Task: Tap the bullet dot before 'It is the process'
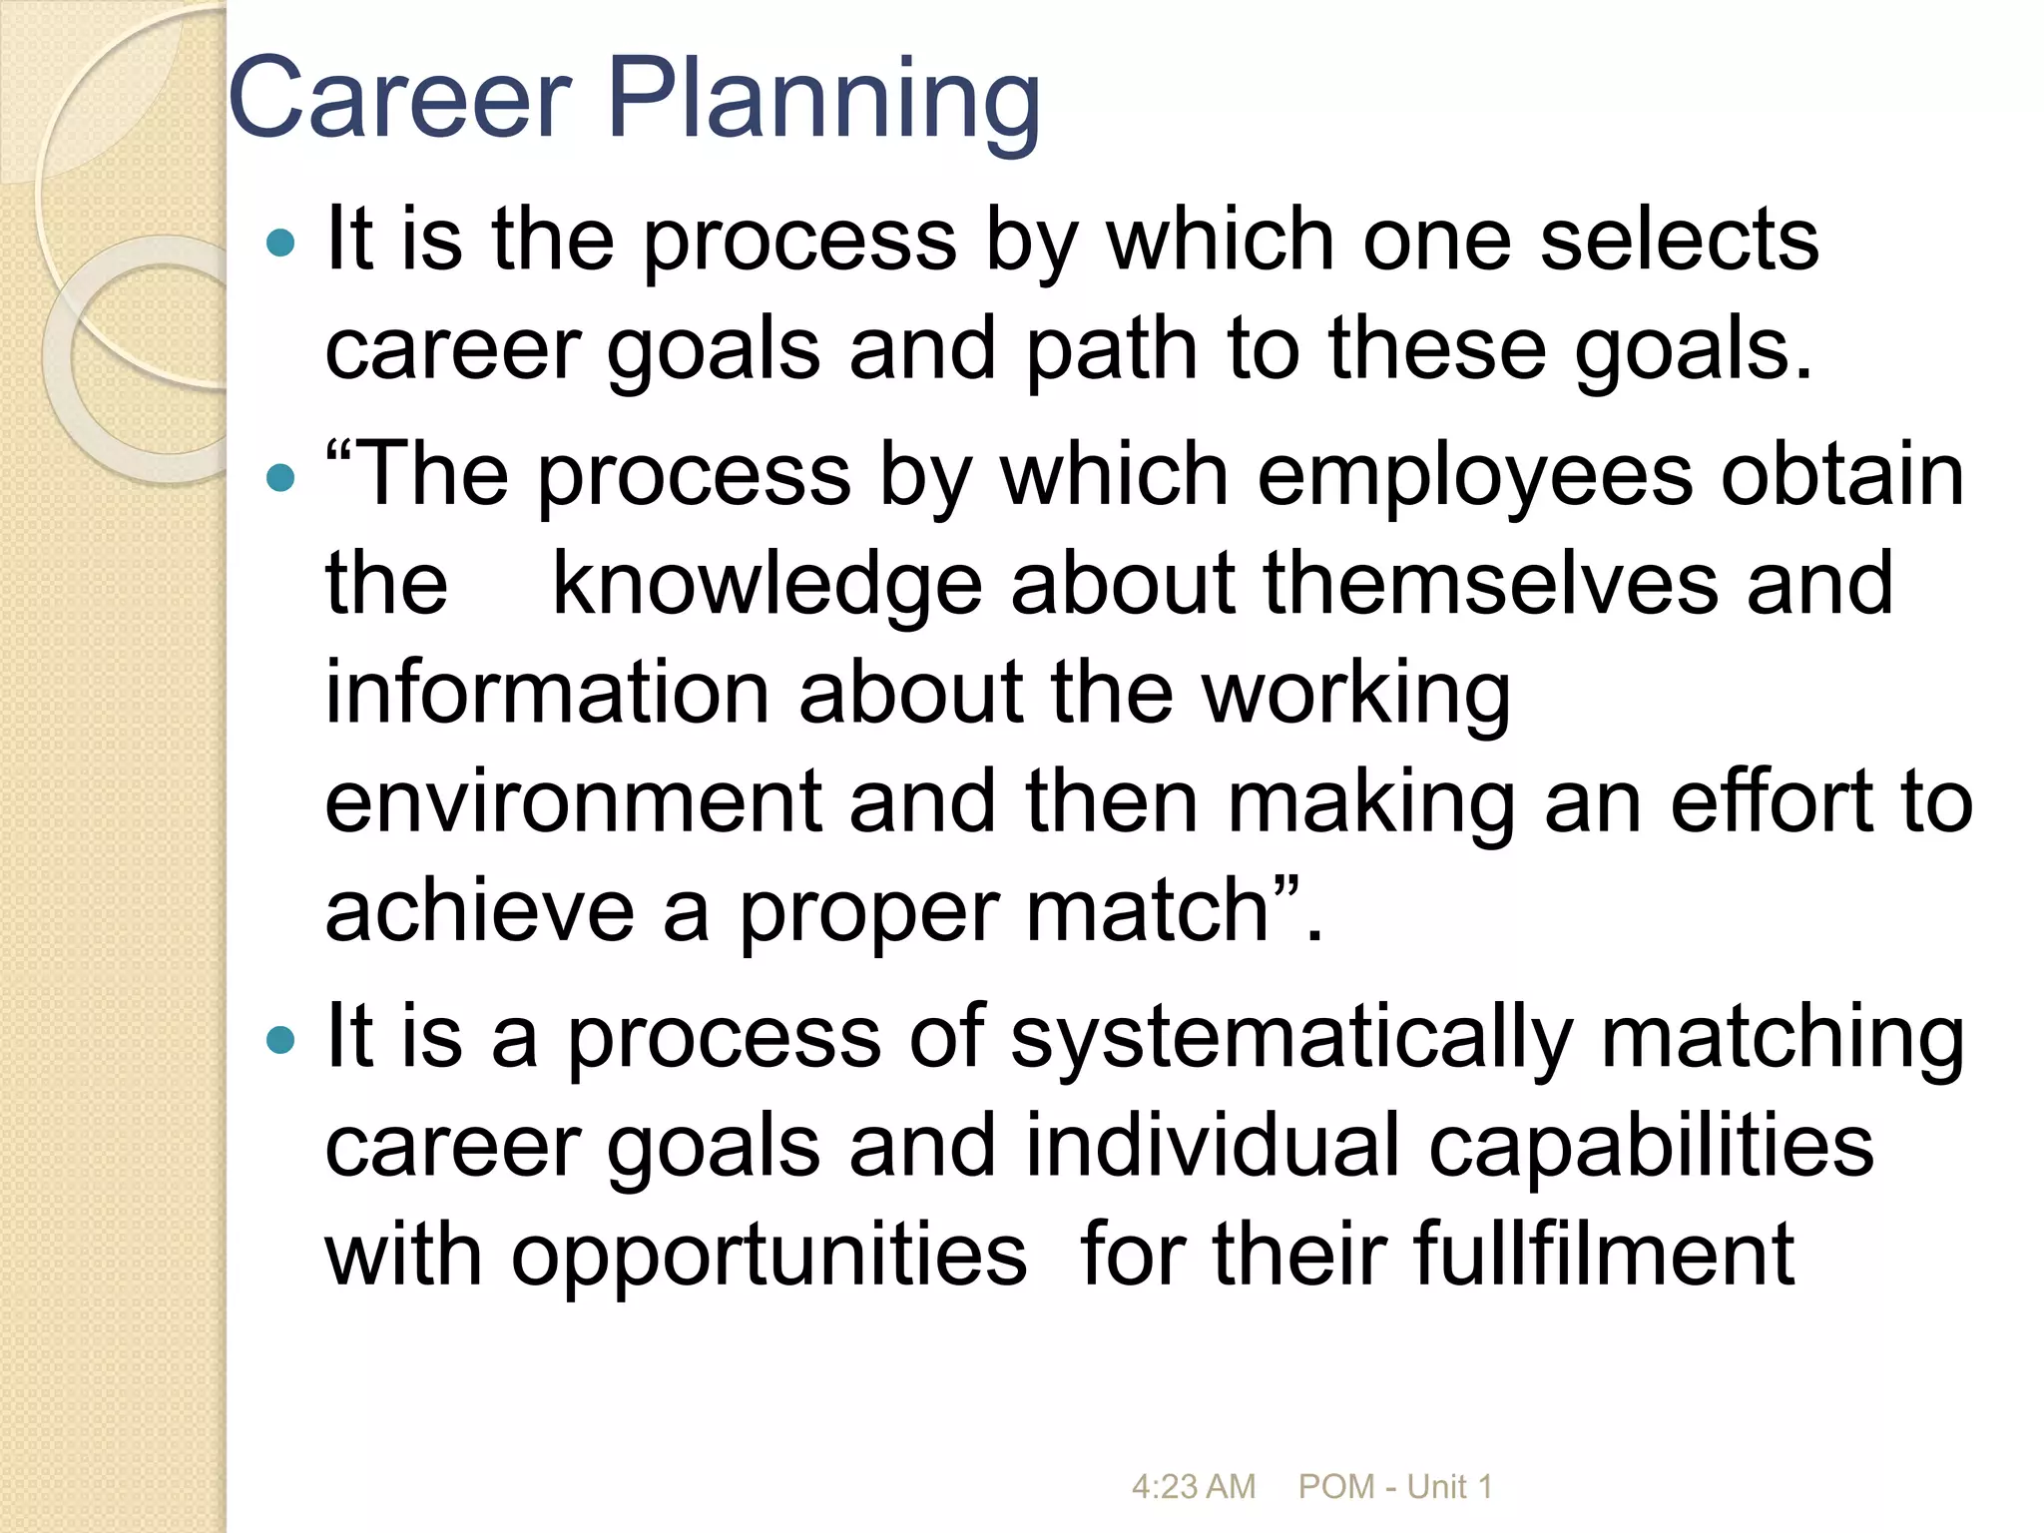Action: tap(282, 243)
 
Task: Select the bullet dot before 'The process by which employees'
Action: tap(282, 478)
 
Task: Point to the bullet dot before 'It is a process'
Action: tap(282, 1042)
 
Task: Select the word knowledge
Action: tap(766, 585)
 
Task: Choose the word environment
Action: tap(573, 802)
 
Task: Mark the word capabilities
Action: tap(1651, 1147)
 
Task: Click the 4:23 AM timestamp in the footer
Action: tap(1193, 1487)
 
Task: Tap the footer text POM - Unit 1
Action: tap(1394, 1487)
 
